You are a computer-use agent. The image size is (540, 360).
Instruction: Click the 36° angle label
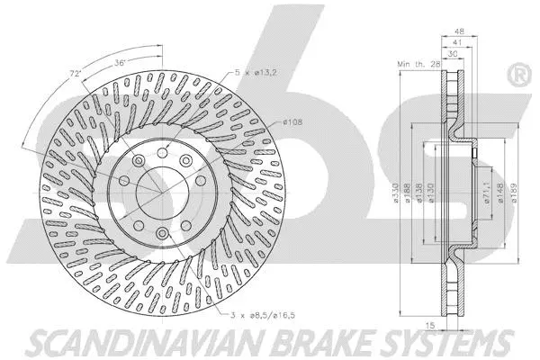pos(120,62)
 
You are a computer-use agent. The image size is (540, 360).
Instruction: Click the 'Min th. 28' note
pos(416,65)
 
